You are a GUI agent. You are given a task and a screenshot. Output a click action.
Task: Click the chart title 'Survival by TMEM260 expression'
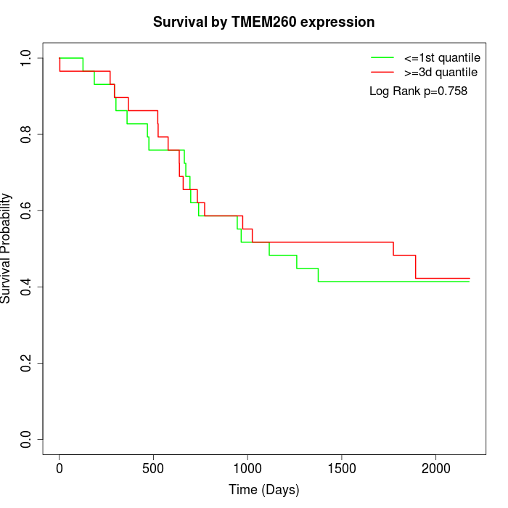click(x=263, y=22)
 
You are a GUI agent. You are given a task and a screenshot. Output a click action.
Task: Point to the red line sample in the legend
click(x=382, y=72)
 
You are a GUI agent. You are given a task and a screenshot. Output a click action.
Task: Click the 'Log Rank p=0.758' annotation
click(x=418, y=91)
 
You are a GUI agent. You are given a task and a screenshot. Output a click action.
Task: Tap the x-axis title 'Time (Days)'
click(x=263, y=490)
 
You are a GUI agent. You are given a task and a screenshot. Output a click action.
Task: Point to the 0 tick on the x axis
click(x=60, y=467)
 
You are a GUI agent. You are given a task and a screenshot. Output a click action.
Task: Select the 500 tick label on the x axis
click(x=154, y=467)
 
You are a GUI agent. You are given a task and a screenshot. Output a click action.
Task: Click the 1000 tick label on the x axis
click(x=247, y=467)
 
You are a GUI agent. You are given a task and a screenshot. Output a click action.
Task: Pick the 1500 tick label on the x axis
click(x=342, y=467)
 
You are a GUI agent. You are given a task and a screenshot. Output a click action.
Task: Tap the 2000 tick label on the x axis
click(x=436, y=467)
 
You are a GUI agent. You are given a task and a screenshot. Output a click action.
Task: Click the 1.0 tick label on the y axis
click(x=27, y=58)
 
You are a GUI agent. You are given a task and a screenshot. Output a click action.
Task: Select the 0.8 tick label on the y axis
click(x=27, y=134)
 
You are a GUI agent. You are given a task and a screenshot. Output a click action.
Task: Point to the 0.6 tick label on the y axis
click(x=27, y=210)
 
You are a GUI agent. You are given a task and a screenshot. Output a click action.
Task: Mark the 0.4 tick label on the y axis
click(x=27, y=287)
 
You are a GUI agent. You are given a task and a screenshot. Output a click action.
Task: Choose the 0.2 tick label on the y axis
click(x=27, y=363)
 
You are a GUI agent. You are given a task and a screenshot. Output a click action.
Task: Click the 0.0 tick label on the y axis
click(x=27, y=439)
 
